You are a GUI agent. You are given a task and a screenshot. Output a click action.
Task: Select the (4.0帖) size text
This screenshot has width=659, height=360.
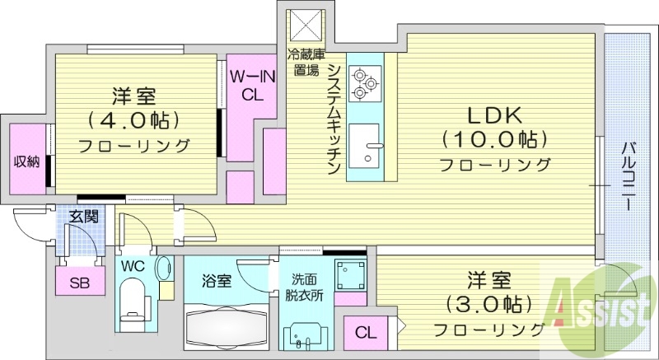pos(134,121)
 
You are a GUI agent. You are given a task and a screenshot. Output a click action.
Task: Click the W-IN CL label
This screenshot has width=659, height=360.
pos(246,86)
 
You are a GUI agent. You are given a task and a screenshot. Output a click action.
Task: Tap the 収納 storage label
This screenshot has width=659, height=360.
pos(26,161)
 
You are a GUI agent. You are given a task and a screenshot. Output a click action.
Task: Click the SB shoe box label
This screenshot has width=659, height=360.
pos(80,283)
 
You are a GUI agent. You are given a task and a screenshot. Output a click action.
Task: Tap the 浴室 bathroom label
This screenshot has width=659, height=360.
pos(217,280)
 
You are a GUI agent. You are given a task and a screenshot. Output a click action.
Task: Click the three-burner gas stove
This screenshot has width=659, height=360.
pos(363,81)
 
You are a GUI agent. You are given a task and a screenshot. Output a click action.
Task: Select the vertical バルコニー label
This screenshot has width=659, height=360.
pos(628,176)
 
